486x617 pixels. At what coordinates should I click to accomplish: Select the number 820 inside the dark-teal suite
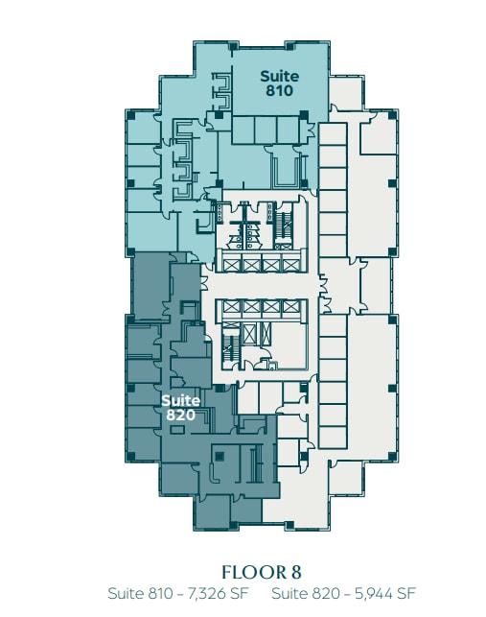[x=180, y=415]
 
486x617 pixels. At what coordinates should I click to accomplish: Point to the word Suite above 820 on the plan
[x=180, y=400]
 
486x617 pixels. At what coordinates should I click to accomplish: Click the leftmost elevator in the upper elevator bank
[x=231, y=264]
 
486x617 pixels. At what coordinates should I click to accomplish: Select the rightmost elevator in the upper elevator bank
[x=294, y=264]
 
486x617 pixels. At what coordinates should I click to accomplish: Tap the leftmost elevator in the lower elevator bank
[x=231, y=307]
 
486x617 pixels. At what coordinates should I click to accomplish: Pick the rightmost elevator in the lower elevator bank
[x=294, y=307]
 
